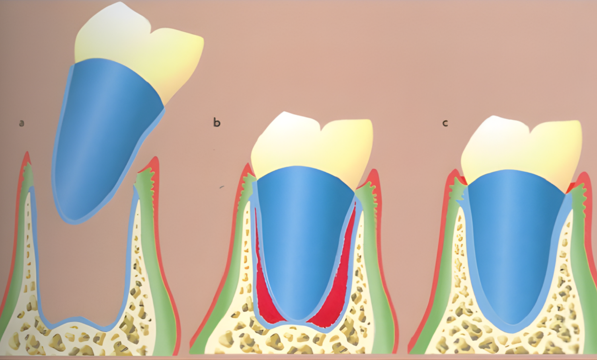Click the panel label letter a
click(x=21, y=123)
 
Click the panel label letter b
click(x=217, y=122)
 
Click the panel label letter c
click(x=445, y=123)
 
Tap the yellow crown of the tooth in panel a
click(x=139, y=48)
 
